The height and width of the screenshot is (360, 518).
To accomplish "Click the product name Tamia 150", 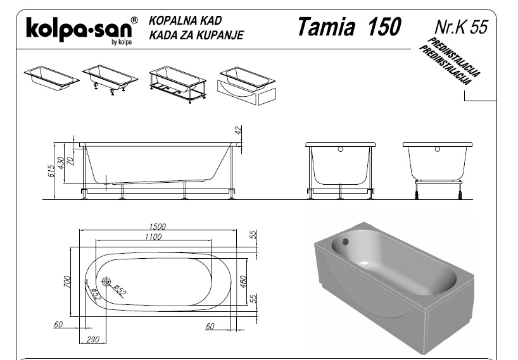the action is pyautogui.click(x=349, y=27).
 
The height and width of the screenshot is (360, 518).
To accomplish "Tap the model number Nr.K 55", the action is pyautogui.click(x=461, y=27).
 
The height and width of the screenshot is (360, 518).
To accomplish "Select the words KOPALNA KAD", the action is pyautogui.click(x=185, y=20).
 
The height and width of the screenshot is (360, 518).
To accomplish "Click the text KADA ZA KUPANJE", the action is pyautogui.click(x=196, y=35).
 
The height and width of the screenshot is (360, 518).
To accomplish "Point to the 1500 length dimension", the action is pyautogui.click(x=157, y=227).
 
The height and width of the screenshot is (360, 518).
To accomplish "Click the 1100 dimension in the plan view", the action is pyautogui.click(x=153, y=237).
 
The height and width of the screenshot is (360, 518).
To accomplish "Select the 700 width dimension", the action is pyautogui.click(x=66, y=282).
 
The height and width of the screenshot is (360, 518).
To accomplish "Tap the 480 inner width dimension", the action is pyautogui.click(x=243, y=282).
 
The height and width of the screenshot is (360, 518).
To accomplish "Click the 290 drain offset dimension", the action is pyautogui.click(x=92, y=339).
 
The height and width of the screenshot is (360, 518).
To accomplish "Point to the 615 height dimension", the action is pyautogui.click(x=51, y=171).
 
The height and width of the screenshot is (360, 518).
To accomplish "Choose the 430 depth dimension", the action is pyautogui.click(x=61, y=163).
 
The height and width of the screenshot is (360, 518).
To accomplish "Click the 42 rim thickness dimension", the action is pyautogui.click(x=239, y=130).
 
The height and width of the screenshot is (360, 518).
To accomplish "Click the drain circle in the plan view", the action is pyautogui.click(x=106, y=282).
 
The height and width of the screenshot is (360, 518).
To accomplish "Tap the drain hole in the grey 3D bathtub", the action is pyautogui.click(x=345, y=242).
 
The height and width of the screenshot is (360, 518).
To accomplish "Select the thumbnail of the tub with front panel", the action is pyautogui.click(x=246, y=86).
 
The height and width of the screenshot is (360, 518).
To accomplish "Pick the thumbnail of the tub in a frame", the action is pyautogui.click(x=177, y=85).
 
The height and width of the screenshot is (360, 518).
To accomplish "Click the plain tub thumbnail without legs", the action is pyautogui.click(x=51, y=78).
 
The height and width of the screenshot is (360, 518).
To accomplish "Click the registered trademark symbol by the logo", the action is pyautogui.click(x=134, y=20).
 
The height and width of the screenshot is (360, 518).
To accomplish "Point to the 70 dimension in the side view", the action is pyautogui.click(x=70, y=161).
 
